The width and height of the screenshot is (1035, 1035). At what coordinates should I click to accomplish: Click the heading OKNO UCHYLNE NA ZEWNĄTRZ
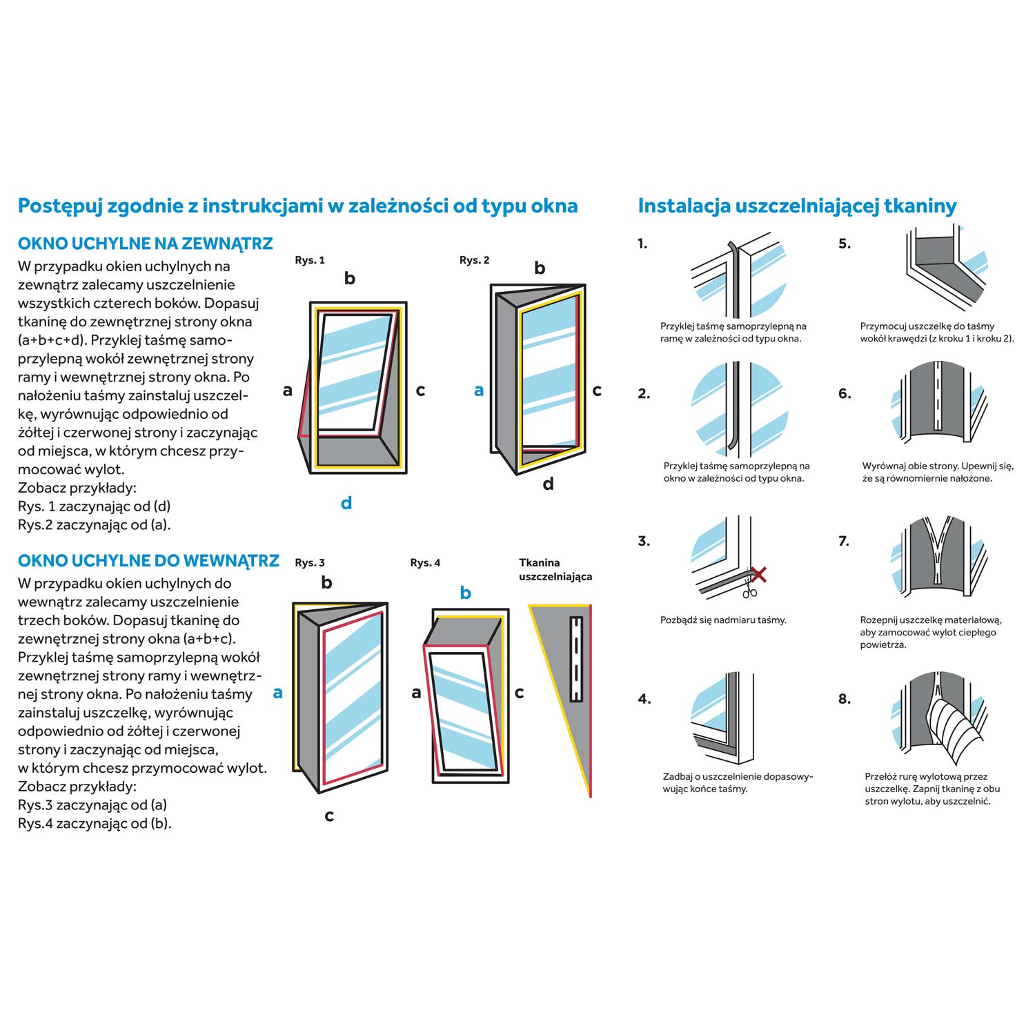(145, 244)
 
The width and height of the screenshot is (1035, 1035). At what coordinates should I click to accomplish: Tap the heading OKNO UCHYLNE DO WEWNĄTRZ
(148, 560)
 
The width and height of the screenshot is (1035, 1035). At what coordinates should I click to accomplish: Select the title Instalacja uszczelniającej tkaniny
(797, 206)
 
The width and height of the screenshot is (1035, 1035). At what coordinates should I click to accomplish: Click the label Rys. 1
(310, 260)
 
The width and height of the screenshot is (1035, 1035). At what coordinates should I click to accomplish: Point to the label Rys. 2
(475, 260)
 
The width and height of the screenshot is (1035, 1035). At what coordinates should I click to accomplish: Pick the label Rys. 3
(310, 562)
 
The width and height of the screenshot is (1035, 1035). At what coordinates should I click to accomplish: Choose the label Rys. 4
(425, 562)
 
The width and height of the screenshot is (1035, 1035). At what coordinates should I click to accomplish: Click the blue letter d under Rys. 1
(346, 503)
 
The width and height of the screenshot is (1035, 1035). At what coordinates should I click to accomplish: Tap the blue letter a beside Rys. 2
(479, 391)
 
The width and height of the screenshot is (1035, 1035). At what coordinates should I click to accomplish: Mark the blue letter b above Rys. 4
(466, 593)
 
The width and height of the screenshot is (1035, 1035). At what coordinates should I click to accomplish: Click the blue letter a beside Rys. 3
(278, 692)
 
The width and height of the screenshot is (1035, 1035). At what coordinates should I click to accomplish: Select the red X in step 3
(758, 573)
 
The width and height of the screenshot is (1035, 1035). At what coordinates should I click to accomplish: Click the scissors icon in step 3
(750, 590)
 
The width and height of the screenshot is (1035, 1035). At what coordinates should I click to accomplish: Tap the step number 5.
(845, 244)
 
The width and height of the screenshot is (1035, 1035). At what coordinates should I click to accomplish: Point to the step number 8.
(845, 699)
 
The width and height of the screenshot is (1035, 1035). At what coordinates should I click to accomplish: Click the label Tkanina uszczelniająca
(555, 569)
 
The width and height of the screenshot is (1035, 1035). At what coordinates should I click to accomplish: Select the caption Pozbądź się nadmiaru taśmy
(723, 620)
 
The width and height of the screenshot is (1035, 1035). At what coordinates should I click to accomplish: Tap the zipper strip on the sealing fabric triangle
(576, 659)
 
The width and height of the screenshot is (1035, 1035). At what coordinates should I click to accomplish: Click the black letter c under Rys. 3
(329, 816)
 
